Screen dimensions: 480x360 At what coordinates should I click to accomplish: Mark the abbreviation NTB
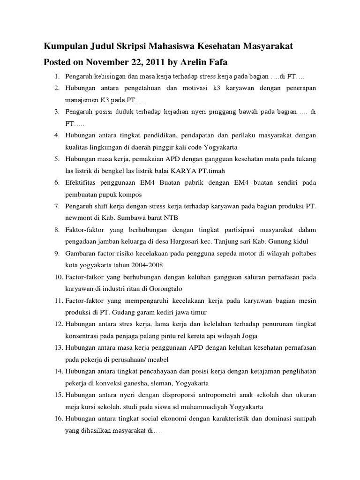pos(170,218)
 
